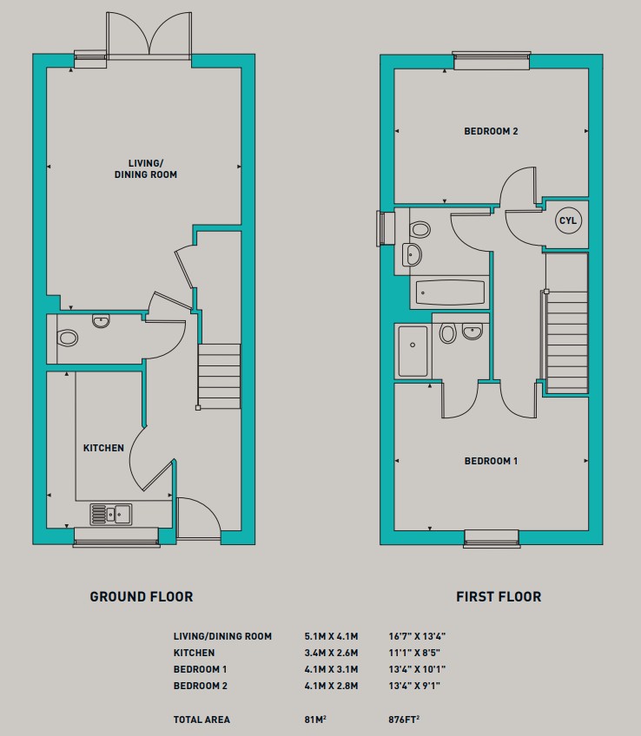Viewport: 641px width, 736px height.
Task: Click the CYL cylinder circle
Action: click(x=568, y=220)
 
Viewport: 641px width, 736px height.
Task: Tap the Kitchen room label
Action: click(x=103, y=448)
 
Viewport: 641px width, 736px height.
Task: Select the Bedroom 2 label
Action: click(x=492, y=131)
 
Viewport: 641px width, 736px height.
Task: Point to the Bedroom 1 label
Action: click(x=492, y=461)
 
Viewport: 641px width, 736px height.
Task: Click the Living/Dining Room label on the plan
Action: click(x=146, y=169)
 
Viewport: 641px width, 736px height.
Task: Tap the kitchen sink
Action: click(x=111, y=514)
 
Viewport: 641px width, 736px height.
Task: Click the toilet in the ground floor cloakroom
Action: click(x=67, y=338)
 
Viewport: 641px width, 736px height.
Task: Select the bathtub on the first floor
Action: click(x=450, y=292)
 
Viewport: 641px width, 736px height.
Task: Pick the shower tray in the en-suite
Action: click(x=413, y=352)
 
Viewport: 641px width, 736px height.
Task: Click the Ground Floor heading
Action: click(x=142, y=596)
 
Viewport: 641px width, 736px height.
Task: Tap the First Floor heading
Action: click(x=499, y=596)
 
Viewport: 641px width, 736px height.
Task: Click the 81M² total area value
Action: click(x=315, y=720)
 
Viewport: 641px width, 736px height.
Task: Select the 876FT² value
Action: click(x=404, y=720)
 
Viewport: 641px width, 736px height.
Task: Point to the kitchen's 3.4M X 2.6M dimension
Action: click(x=331, y=653)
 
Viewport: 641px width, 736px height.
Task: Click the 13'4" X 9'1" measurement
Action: click(x=414, y=686)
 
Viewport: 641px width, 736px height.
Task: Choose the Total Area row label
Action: click(x=202, y=720)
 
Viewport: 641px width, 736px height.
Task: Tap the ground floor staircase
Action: click(x=219, y=377)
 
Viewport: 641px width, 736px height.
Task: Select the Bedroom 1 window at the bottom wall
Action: click(x=492, y=538)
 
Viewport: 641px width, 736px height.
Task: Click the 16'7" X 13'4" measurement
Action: click(x=417, y=636)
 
